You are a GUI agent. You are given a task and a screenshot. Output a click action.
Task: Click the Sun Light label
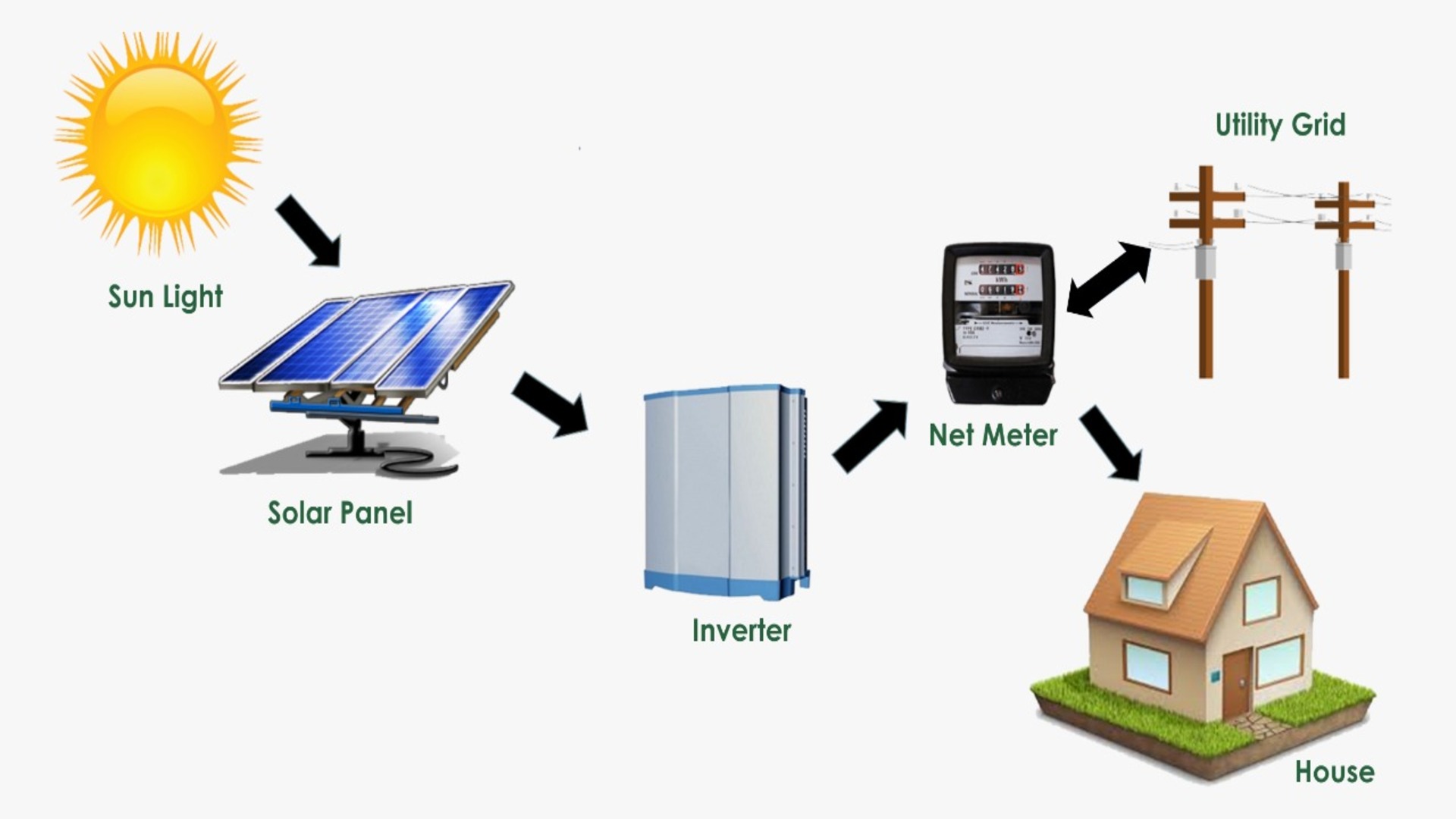[x=165, y=297]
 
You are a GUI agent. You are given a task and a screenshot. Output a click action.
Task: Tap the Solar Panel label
[x=340, y=513]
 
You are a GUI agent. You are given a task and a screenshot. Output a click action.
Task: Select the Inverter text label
[x=741, y=631]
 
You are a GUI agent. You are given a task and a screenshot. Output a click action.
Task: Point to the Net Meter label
[x=993, y=435]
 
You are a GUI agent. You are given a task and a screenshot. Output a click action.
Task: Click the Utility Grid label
[x=1280, y=125]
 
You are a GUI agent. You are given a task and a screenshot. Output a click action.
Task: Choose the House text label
[x=1335, y=772]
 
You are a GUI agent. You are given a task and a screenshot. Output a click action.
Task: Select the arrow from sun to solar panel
[x=308, y=230]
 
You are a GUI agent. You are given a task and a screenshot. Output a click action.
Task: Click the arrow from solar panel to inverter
[x=551, y=404]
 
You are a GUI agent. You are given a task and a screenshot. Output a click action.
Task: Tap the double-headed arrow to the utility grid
[x=1109, y=278]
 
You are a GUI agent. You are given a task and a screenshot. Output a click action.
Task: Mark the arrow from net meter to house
[x=1109, y=443]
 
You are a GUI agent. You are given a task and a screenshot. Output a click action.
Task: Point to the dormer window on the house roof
[x=1144, y=588]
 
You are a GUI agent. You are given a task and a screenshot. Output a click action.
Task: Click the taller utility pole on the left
[x=1205, y=273]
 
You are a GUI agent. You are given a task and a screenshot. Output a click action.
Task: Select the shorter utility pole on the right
[x=1343, y=281]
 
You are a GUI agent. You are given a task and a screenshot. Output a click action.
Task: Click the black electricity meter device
[x=998, y=322]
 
